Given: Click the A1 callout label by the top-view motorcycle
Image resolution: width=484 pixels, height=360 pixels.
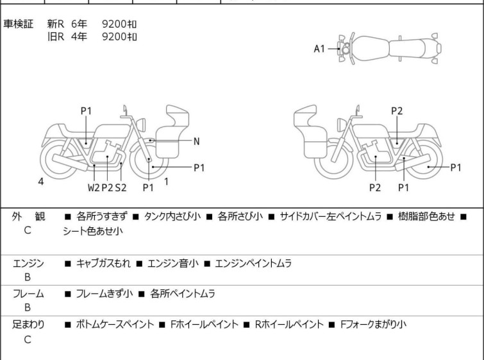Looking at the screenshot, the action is pos(319,49).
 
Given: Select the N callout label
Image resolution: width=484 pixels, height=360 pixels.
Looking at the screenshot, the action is pos(196,142).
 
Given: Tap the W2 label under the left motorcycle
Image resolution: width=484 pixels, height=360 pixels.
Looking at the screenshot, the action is pos(94,187).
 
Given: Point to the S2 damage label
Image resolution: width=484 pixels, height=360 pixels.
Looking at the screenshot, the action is pos(121,187).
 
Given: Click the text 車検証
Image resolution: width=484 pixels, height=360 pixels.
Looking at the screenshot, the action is pos(18,24).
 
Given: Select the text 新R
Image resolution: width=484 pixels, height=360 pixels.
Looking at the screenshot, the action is pos(56,24).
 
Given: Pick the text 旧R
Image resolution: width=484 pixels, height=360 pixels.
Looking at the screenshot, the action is pos(56,37).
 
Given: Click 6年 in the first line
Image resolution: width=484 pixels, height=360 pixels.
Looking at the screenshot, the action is pos(79,24).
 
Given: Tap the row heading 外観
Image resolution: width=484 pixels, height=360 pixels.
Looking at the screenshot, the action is pos(28,216).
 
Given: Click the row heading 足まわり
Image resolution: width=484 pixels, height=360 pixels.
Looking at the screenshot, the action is pos(28,325).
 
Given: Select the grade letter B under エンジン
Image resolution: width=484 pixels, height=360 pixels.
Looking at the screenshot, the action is pos(28,277).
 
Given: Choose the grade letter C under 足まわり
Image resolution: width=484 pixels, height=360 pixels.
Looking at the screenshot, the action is pos(28,339).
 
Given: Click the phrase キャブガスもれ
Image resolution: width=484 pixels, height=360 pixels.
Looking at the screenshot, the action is pos(103,263).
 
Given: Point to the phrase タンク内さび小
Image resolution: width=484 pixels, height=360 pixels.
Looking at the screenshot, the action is pos(172,216).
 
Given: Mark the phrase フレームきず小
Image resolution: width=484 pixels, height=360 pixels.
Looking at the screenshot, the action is pos(104,293).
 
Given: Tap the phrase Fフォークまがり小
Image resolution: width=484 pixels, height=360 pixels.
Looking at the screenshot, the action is pos(373,325).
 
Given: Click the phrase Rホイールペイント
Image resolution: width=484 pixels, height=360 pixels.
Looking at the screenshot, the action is pos(289,325).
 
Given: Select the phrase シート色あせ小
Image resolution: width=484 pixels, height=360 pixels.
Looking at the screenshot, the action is pos(93,231).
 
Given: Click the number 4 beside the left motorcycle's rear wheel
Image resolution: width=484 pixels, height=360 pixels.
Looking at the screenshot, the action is pos(41,182).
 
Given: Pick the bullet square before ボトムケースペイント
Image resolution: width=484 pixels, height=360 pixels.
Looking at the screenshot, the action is pos(67,325).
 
